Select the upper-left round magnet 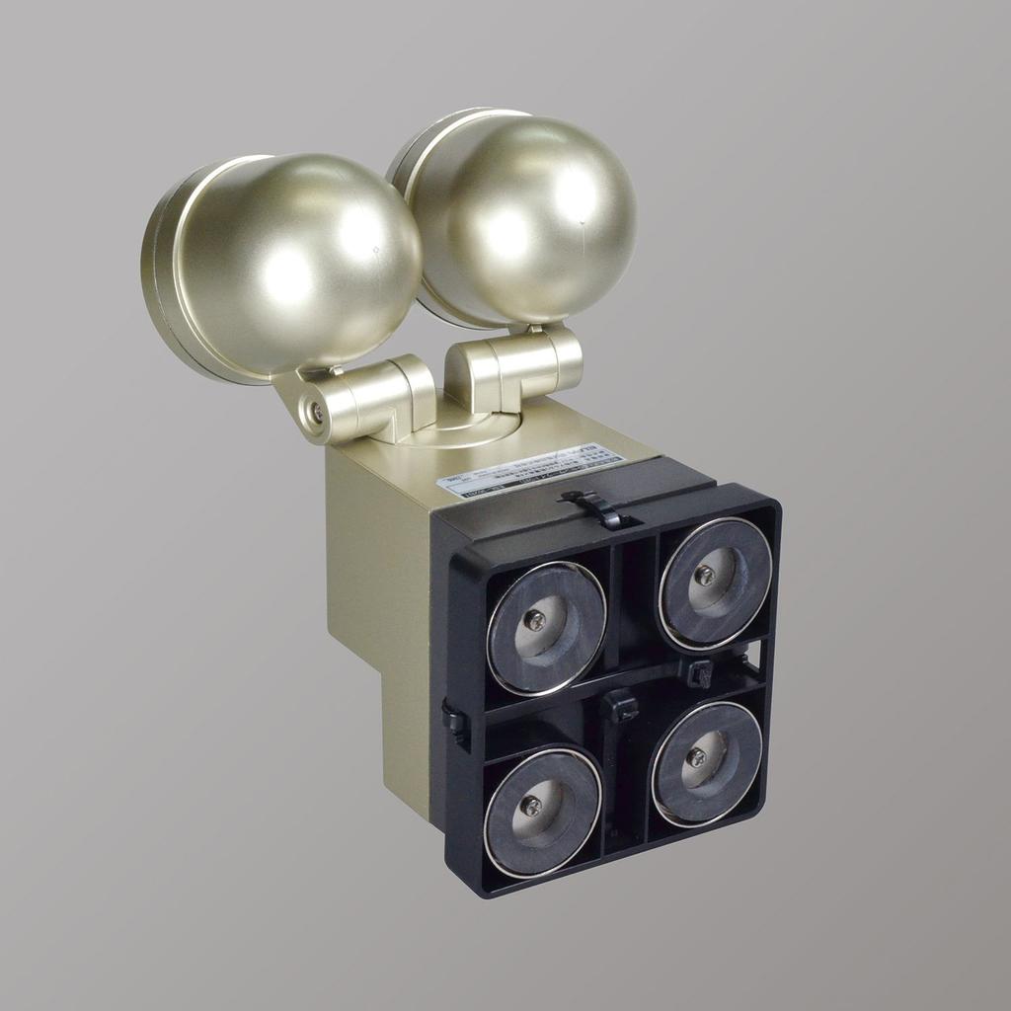[x=546, y=627]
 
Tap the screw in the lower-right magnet [x=696, y=757]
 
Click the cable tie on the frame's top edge [x=598, y=509]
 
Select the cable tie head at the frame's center [x=619, y=705]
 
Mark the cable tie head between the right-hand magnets [x=700, y=674]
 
